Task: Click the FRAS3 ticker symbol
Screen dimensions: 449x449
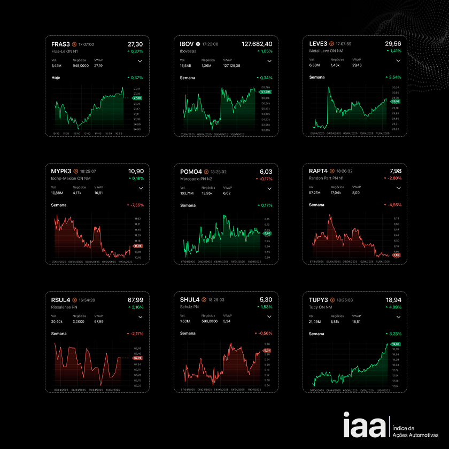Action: (x=60, y=44)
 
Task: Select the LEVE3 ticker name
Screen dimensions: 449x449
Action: (x=319, y=44)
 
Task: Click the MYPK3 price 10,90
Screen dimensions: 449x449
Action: (x=136, y=171)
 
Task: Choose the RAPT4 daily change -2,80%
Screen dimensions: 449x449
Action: (x=393, y=179)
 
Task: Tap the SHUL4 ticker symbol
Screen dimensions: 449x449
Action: (x=190, y=300)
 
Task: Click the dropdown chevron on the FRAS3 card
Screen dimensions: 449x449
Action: (x=140, y=61)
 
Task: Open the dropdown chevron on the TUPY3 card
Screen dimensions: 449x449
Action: (x=398, y=316)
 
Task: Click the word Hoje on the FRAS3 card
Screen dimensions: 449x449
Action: (x=56, y=78)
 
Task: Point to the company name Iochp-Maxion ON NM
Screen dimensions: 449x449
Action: (x=69, y=178)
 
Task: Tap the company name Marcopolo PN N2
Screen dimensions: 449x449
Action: (x=196, y=178)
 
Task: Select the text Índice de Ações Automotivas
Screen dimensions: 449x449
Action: (x=415, y=432)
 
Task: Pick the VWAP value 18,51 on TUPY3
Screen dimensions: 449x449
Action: (x=357, y=322)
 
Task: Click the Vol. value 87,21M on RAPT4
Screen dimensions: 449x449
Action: (x=316, y=193)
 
